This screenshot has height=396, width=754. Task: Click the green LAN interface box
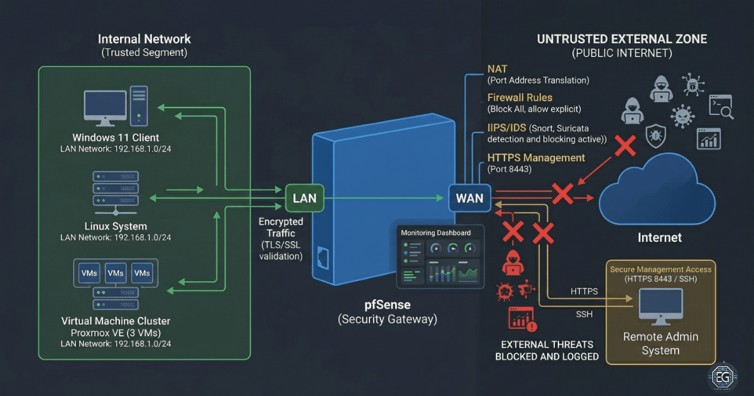pos(305,199)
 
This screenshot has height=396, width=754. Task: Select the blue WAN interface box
pos(469,199)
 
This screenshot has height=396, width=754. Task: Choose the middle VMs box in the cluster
pos(116,273)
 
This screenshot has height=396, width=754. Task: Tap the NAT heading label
pos(497,68)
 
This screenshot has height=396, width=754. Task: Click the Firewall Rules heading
pos(520,97)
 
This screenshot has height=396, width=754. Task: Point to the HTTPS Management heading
pos(536,158)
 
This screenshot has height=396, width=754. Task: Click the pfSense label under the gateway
pos(388,305)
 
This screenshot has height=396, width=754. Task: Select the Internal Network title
pos(145,39)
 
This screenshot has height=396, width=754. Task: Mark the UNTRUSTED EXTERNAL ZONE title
pos(621,39)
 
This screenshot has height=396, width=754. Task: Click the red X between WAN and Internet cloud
pos(562,194)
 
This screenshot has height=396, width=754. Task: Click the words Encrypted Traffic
pos(281,227)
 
